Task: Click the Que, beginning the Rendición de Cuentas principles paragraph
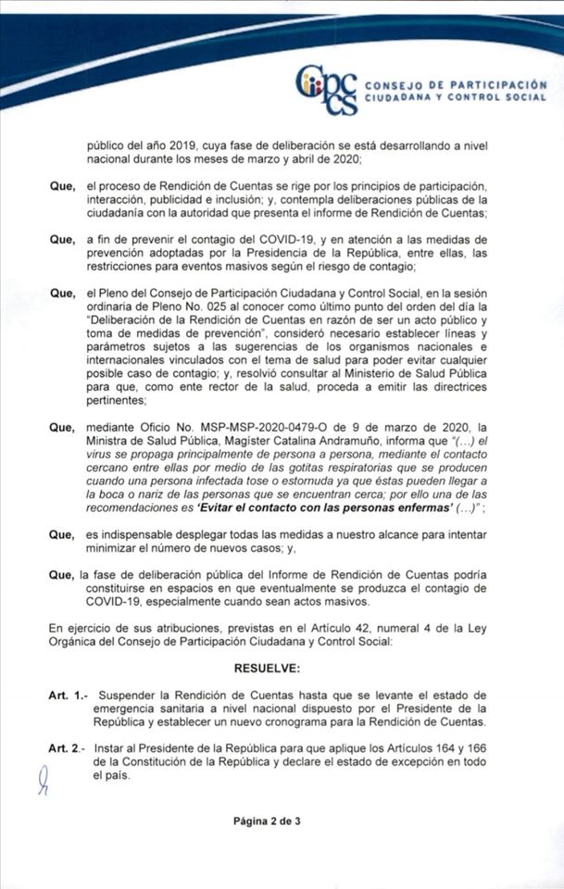62,186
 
